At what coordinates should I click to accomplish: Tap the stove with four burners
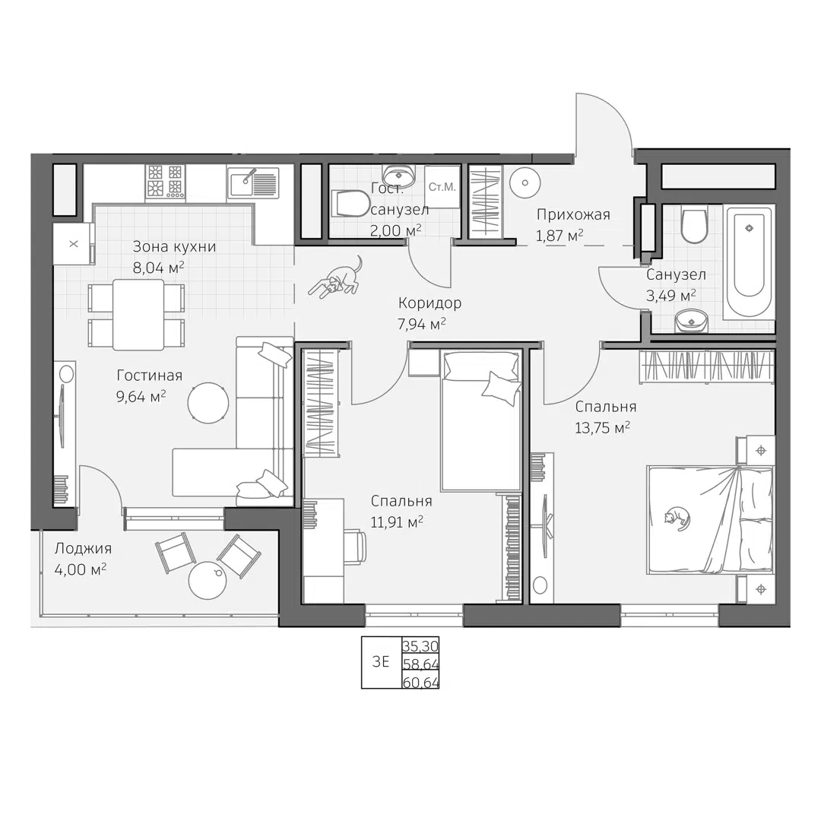(x=166, y=182)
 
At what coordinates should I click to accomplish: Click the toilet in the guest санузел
(x=350, y=204)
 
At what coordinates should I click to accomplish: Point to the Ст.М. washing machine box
(x=442, y=187)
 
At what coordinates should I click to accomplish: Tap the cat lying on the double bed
(x=677, y=517)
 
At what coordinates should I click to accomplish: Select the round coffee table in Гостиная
(x=207, y=401)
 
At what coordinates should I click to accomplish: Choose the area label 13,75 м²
(x=602, y=428)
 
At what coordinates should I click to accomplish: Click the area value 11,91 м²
(x=397, y=521)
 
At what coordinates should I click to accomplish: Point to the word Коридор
(x=430, y=303)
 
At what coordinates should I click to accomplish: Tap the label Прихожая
(x=573, y=214)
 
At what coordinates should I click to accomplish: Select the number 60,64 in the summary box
(x=420, y=681)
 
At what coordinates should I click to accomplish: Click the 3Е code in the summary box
(x=380, y=661)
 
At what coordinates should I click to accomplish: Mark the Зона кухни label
(x=174, y=246)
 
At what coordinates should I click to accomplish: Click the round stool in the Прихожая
(x=524, y=182)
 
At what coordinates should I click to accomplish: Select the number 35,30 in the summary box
(x=420, y=646)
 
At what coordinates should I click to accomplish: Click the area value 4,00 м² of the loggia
(x=80, y=569)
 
